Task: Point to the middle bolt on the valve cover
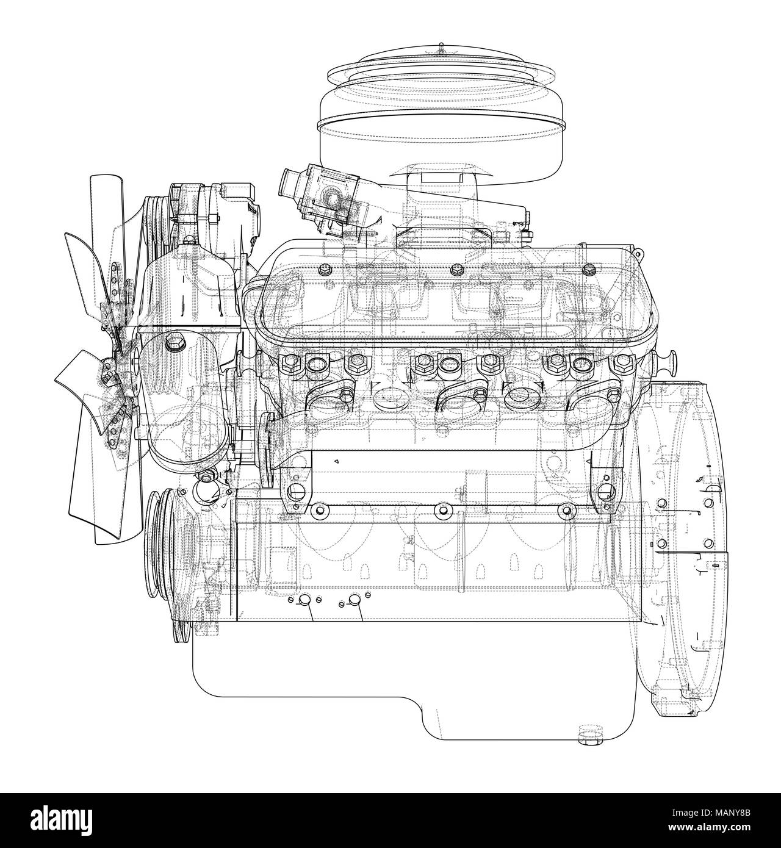point(456,269)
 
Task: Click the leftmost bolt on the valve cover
point(325,269)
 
